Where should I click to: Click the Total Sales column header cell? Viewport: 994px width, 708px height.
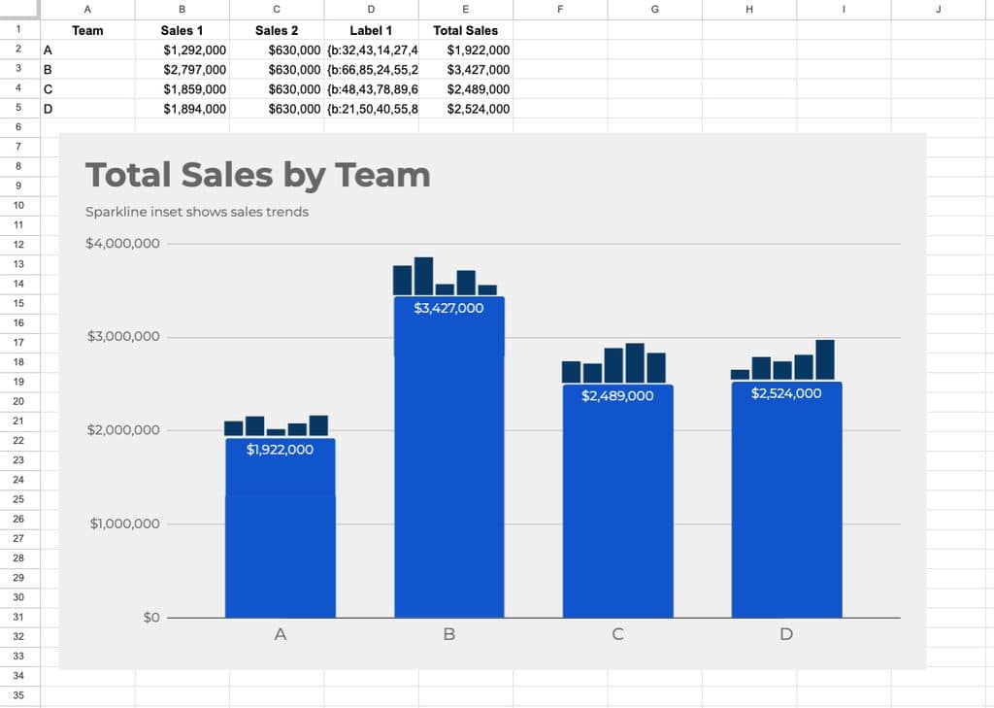pos(465,30)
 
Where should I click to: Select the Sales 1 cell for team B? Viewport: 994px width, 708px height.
pos(182,70)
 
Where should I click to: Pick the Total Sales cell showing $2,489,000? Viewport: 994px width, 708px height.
pos(465,89)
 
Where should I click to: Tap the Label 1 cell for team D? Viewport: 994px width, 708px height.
pos(371,109)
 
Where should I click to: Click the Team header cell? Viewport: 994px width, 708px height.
pos(87,30)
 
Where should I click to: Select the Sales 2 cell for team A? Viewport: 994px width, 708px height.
pos(277,51)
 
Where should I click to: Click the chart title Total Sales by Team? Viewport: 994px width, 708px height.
pos(258,175)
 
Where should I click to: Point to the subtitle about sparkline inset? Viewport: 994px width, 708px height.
pos(197,212)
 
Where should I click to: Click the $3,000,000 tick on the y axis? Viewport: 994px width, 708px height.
pos(123,336)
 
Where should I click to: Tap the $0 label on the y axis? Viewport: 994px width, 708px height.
pos(151,618)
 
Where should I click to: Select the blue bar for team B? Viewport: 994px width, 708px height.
pos(449,456)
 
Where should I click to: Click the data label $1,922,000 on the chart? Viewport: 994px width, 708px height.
pos(280,450)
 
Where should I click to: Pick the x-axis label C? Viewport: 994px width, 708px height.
pos(618,634)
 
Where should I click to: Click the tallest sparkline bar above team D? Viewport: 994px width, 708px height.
pos(825,359)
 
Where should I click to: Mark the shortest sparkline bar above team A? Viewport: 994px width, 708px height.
pos(276,432)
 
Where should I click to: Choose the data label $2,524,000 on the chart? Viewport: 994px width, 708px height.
pos(786,393)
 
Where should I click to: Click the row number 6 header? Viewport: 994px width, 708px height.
pos(18,127)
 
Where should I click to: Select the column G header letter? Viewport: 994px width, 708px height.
pos(655,10)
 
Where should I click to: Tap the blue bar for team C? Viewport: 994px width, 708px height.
pos(618,501)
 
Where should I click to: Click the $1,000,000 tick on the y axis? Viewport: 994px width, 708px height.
pos(125,523)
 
